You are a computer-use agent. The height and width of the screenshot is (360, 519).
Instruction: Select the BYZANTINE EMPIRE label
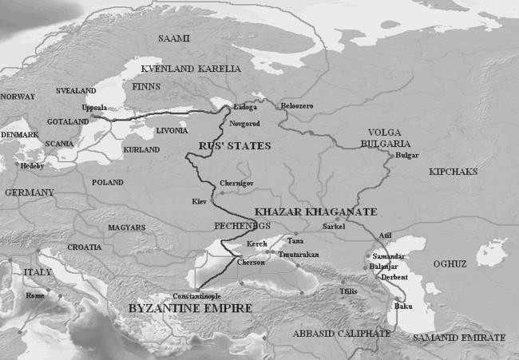point(192,308)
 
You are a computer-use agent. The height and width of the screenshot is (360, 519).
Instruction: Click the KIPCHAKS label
point(454,172)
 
